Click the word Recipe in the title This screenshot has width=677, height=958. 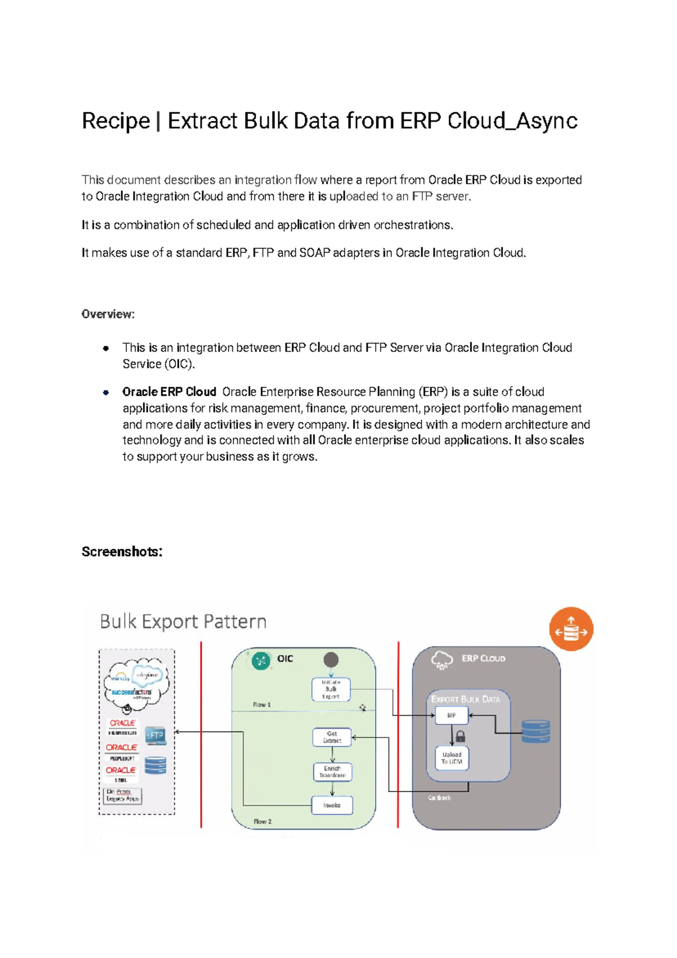116,121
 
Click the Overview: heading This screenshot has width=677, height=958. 108,314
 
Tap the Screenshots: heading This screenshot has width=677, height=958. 122,552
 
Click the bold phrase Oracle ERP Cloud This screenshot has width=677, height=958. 169,392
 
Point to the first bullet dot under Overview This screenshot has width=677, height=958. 105,348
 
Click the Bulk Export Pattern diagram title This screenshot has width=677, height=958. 183,622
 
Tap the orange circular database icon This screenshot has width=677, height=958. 571,629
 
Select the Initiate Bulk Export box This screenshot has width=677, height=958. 331,689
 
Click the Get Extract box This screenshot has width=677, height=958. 332,737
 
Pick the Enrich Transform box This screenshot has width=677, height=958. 332,772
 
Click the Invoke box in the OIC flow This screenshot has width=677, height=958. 332,806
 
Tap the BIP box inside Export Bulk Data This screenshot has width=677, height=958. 451,715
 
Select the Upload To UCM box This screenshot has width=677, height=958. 452,758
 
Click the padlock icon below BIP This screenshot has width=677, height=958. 460,736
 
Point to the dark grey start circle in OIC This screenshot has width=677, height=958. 331,659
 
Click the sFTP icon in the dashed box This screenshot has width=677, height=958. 155,736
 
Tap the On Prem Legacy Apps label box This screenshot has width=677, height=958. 123,795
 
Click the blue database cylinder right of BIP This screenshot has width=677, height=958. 535,732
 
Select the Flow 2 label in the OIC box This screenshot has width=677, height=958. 262,821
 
